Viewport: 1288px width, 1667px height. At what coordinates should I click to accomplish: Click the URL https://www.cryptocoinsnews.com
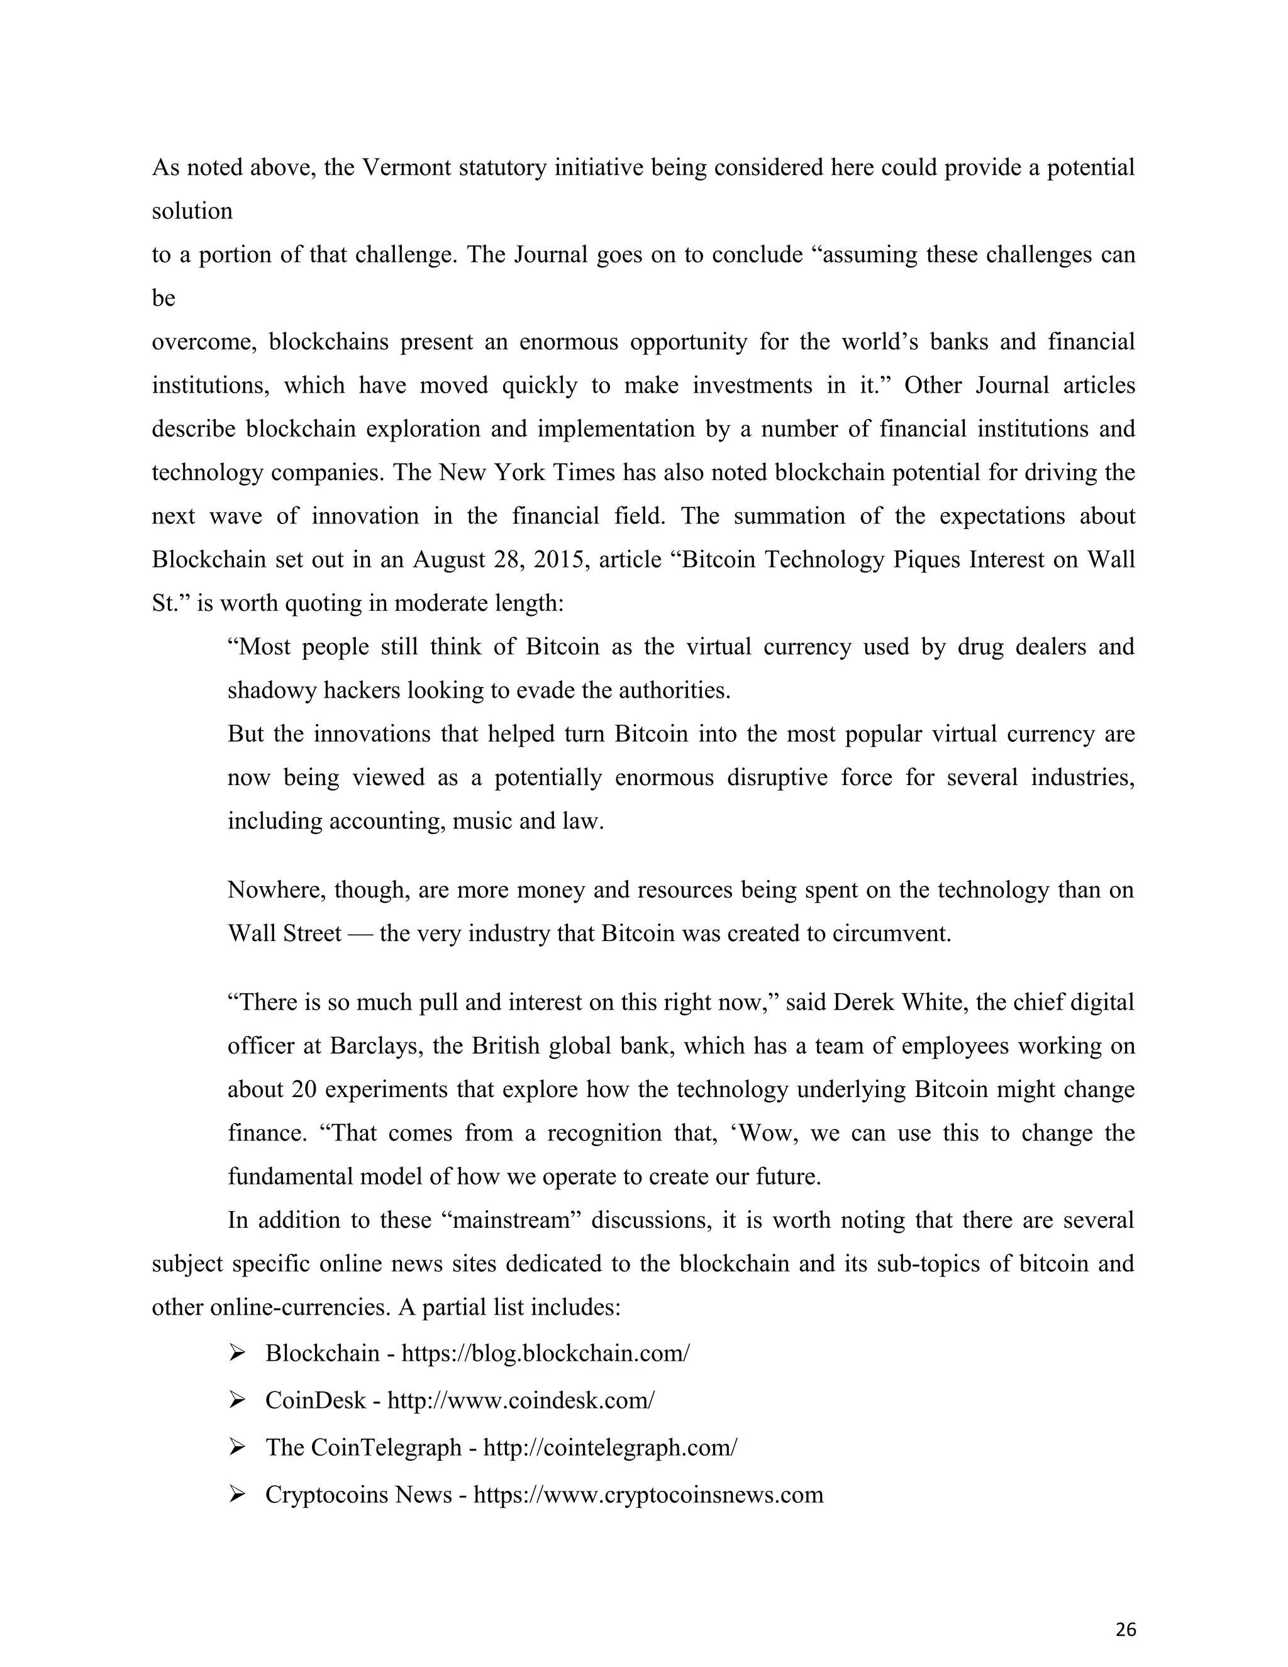click(648, 1495)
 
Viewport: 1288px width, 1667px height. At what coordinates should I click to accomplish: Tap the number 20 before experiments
click(304, 1088)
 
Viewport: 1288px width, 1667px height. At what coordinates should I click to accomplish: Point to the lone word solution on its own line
click(192, 211)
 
